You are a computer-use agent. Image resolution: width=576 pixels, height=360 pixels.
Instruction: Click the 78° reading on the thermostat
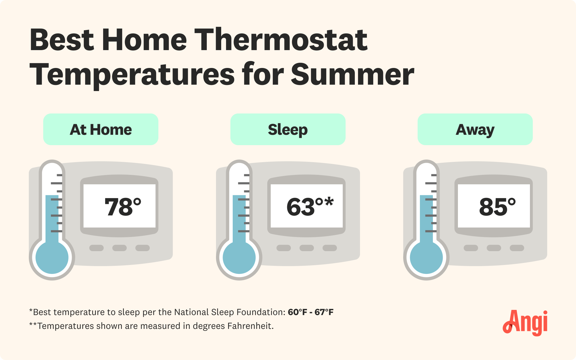point(122,207)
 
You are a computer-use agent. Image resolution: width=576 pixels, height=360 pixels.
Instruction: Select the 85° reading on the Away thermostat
point(497,207)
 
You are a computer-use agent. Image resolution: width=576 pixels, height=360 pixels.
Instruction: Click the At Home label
point(101,130)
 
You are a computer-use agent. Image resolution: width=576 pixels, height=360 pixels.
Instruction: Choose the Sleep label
point(288,130)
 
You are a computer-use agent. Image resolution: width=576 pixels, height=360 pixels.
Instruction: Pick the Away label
point(475,130)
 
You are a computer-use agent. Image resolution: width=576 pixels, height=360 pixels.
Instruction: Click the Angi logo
point(526,323)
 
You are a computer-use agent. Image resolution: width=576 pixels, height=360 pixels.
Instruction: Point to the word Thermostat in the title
point(281,40)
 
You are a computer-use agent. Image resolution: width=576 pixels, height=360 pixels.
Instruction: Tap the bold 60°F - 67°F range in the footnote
point(310,312)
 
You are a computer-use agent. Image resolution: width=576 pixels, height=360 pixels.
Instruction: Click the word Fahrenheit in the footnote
point(250,326)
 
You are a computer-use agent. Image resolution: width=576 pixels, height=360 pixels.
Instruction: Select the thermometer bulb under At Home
point(52,257)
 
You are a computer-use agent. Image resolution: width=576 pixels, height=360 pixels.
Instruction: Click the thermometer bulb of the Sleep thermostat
point(239,257)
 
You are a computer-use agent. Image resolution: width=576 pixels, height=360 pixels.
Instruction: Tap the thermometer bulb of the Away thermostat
point(427,257)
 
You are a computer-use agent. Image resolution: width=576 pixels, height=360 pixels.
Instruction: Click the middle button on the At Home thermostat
point(120,248)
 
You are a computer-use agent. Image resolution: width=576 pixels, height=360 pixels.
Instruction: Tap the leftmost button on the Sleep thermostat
point(284,248)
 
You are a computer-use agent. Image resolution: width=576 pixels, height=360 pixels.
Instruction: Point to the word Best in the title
point(62,40)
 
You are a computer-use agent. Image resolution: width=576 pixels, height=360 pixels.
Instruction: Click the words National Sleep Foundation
point(229,312)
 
